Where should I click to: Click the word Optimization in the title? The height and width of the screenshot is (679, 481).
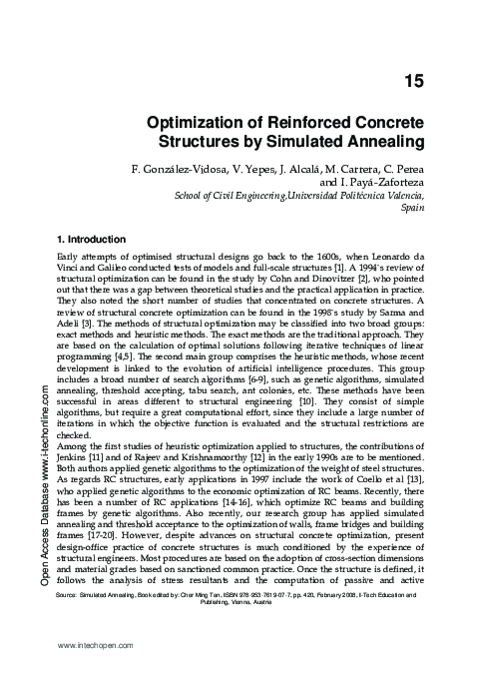tap(197, 120)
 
